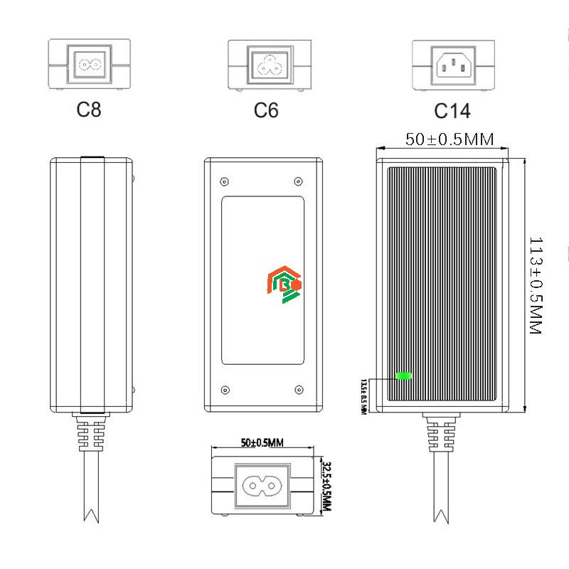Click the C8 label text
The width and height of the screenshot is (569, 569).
[89, 110]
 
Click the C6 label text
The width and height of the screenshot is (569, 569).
[266, 110]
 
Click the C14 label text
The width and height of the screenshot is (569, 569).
[452, 111]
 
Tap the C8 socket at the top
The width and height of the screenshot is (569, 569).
[89, 63]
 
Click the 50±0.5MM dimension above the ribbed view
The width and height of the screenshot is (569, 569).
[450, 139]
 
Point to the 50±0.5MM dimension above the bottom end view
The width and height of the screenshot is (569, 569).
[262, 442]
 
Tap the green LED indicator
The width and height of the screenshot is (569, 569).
[404, 376]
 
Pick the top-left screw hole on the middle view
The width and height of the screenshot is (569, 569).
[225, 181]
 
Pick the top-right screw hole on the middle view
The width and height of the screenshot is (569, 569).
[298, 181]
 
